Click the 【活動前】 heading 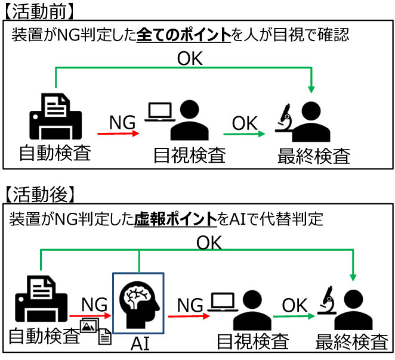pyautogui.click(x=40, y=11)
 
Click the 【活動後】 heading pyautogui.click(x=40, y=193)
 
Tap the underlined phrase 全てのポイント pyautogui.click(x=184, y=35)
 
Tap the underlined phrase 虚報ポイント pyautogui.click(x=175, y=219)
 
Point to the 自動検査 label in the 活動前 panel pyautogui.click(x=55, y=153)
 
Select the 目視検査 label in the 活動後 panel pyautogui.click(x=252, y=342)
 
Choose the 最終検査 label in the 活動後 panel pyautogui.click(x=353, y=342)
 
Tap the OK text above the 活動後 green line pyautogui.click(x=208, y=242)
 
